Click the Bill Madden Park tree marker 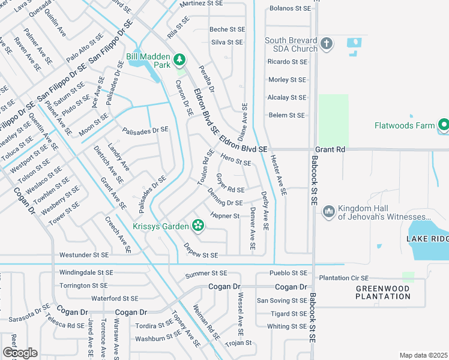tap(179, 59)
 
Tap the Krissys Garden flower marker tap(197, 226)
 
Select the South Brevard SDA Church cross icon tap(327, 43)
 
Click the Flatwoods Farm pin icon tap(444, 125)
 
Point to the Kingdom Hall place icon tap(328, 212)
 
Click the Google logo tap(20, 353)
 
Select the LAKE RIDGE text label tap(427, 239)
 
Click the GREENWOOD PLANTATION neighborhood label tap(382, 292)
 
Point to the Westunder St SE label tap(84, 255)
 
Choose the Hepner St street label tap(225, 216)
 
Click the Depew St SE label tap(200, 255)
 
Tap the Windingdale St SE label tap(84, 272)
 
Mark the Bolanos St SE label tap(291, 8)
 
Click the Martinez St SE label tap(205, 4)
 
